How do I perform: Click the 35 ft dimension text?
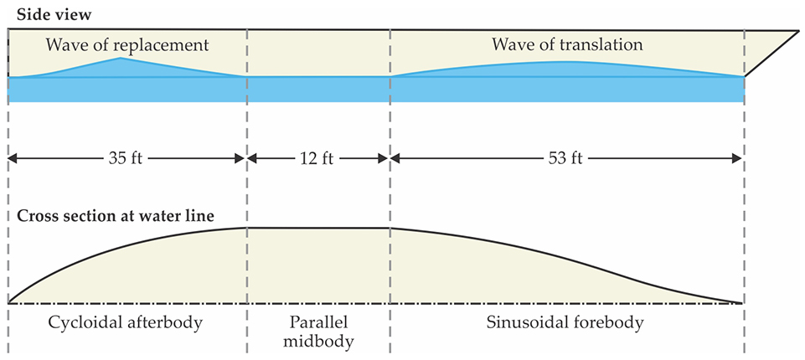click(x=126, y=157)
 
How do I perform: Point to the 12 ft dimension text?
click(x=317, y=157)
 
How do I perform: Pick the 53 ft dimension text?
click(x=566, y=157)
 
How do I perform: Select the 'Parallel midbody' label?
click(x=319, y=331)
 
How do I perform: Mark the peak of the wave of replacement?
click(x=121, y=59)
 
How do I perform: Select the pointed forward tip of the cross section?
click(x=741, y=302)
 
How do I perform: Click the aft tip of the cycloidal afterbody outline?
click(x=9, y=301)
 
